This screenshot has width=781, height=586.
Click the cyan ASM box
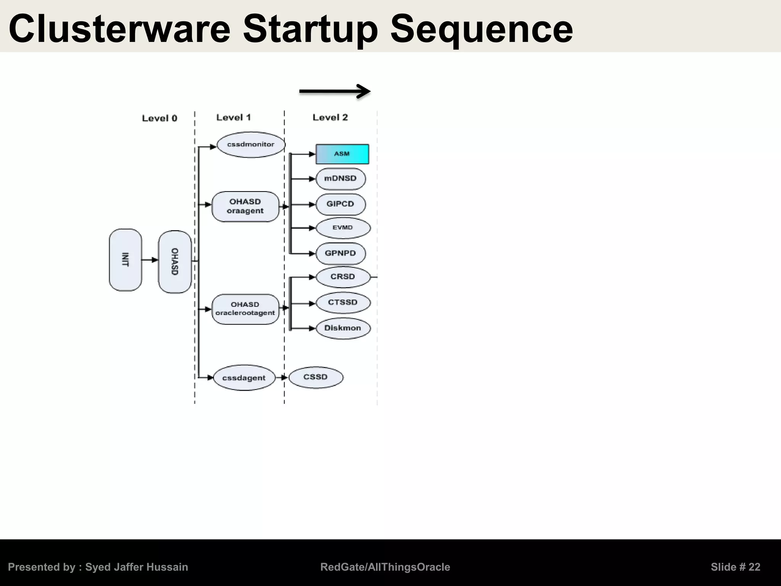[x=342, y=154]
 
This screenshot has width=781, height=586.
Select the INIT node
[x=125, y=260]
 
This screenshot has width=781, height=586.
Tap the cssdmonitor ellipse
[x=251, y=145]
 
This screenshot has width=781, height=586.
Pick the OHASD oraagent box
[x=245, y=206]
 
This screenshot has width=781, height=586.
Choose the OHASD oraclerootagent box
[x=245, y=309]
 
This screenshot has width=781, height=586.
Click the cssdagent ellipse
[x=244, y=378]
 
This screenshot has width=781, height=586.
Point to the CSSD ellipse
[x=316, y=377]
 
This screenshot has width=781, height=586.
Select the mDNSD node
[x=341, y=179]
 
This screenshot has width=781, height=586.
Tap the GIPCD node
[x=341, y=204]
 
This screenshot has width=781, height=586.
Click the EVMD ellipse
[x=343, y=228]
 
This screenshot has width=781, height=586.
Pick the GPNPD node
[x=341, y=253]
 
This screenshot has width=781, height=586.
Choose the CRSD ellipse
[x=343, y=277]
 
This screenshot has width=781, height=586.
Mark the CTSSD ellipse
[x=343, y=303]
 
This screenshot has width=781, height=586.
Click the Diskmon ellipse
[x=343, y=328]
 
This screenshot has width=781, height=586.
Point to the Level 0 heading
[x=159, y=118]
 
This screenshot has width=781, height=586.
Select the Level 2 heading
[x=330, y=118]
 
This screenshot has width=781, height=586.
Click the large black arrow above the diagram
[x=335, y=91]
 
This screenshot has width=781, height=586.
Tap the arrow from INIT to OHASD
[x=149, y=260]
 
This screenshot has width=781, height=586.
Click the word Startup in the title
[x=310, y=29]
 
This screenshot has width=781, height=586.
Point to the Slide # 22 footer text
[x=735, y=567]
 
